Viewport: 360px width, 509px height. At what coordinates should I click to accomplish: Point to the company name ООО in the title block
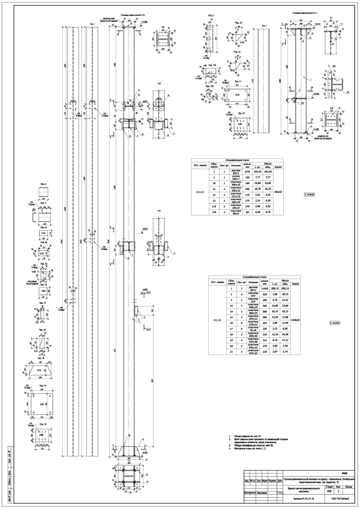[336, 498]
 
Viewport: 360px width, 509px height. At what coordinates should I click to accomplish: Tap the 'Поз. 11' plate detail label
[237, 81]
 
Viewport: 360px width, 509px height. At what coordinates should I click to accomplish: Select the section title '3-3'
[159, 83]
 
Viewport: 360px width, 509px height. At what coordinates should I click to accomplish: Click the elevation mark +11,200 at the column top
[144, 23]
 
